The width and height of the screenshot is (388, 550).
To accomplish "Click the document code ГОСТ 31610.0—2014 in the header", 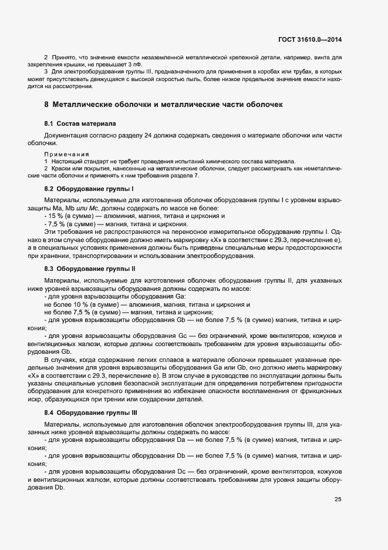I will [x=310, y=39].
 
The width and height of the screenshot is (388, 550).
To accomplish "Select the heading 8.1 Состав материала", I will [x=80, y=124].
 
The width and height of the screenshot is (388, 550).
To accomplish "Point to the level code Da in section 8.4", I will [x=182, y=439].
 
